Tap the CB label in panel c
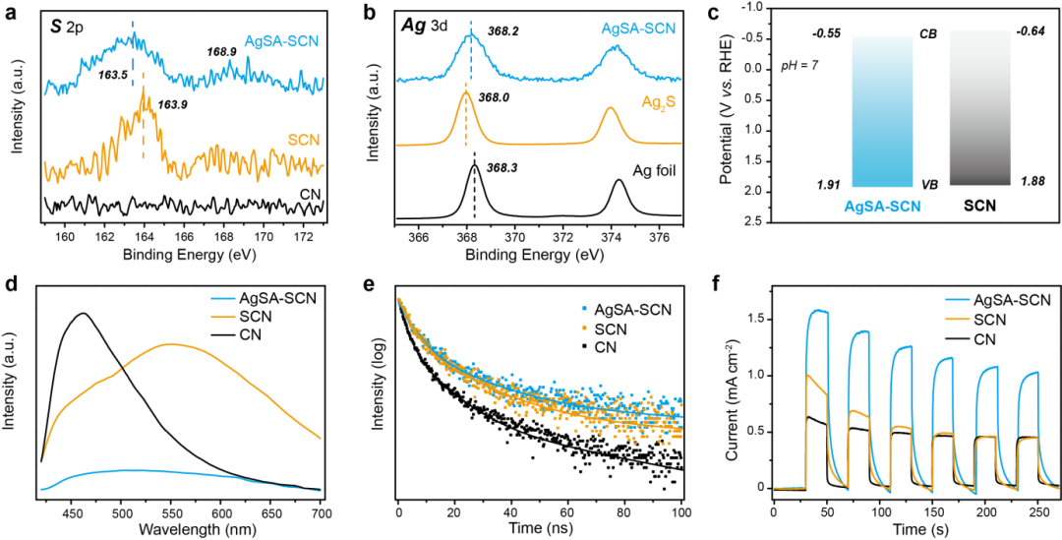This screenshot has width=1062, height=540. point(927,34)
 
